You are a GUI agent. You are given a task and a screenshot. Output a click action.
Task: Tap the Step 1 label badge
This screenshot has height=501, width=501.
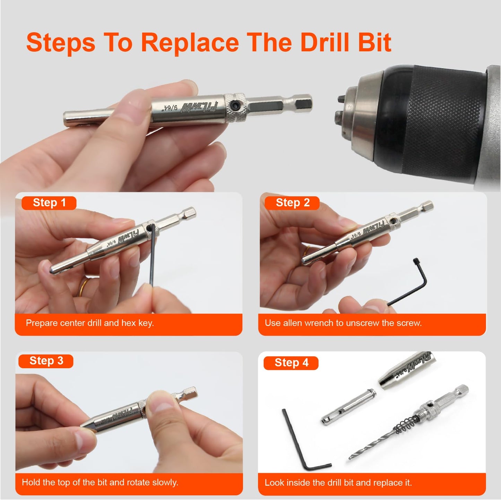click(49, 203)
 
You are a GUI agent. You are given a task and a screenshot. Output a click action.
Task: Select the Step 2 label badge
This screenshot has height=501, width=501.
click(292, 203)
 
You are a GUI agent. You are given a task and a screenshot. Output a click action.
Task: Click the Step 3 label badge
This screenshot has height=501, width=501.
click(46, 361)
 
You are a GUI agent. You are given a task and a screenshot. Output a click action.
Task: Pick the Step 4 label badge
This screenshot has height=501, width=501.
click(291, 363)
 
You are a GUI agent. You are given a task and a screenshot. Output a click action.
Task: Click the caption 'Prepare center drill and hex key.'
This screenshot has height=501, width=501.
click(90, 323)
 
